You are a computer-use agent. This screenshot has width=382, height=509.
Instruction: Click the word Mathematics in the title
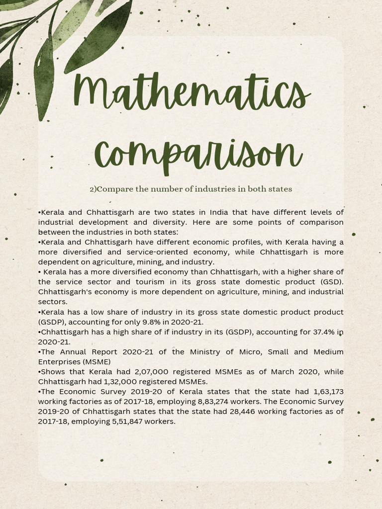tap(191, 94)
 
